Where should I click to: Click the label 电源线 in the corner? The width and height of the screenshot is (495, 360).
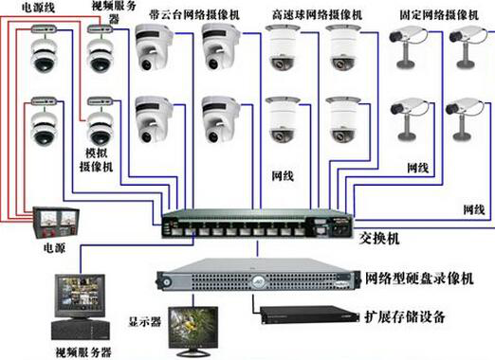point(38,8)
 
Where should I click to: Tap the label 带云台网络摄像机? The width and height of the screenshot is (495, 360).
point(194,14)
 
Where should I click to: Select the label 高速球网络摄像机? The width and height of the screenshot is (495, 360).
point(317,14)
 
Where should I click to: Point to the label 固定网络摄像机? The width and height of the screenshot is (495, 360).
point(439,14)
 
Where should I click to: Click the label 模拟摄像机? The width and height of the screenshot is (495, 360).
point(97,160)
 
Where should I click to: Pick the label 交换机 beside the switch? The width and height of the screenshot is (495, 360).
point(379,239)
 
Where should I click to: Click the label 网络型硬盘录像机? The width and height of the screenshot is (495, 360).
point(419,279)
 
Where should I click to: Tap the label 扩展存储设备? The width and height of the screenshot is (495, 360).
point(405,316)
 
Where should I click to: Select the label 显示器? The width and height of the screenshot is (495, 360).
point(145,321)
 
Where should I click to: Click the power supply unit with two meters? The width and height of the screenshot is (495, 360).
point(56,223)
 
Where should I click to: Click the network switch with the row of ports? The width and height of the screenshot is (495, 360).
point(258,224)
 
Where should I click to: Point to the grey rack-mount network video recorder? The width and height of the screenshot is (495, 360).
point(259,275)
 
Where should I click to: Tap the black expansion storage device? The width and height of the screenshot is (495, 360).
point(310,315)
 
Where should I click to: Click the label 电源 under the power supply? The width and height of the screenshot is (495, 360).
point(54,248)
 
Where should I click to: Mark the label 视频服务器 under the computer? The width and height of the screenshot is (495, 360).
point(83,352)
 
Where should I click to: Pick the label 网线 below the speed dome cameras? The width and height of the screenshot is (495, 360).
point(283,176)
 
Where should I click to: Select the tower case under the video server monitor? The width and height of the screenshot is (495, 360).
point(81,330)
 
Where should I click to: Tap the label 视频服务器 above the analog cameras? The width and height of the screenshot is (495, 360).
point(114,12)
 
